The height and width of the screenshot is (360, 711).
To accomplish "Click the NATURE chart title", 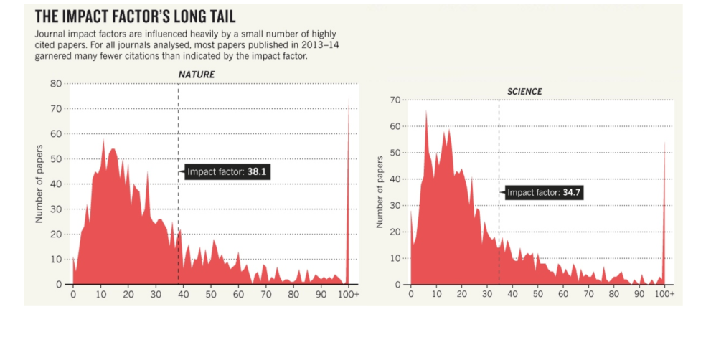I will coord(196,75).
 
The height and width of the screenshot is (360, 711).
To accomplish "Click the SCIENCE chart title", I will coord(524,92).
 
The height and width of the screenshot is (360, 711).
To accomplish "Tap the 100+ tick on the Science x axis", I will coord(664,295).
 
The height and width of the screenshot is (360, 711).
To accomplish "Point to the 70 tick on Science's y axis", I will coord(395,100).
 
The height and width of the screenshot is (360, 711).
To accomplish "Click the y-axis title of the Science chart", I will coord(379,192).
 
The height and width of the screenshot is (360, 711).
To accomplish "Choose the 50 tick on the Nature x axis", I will coord(211,295).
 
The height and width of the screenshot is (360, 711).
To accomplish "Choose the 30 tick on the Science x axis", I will coord(487,295).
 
